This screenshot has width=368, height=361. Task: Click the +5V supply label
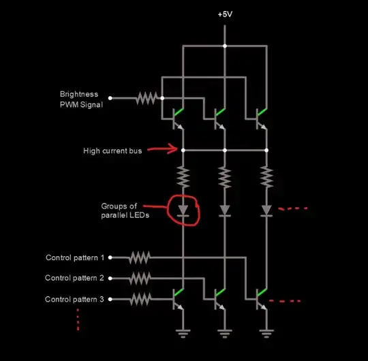tap(225, 14)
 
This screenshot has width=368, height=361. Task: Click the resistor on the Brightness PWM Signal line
tap(146, 98)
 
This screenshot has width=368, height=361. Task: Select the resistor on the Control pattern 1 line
tap(139, 257)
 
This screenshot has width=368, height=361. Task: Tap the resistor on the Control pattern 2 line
tap(139, 278)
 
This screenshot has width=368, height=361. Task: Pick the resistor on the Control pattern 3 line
tap(139, 299)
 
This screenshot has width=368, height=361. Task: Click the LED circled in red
tap(183, 210)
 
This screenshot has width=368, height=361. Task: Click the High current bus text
tap(112, 151)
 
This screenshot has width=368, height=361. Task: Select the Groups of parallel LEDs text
tap(124, 210)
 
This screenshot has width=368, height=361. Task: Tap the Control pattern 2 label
tap(74, 278)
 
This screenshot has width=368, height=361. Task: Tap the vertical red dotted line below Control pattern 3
tap(78, 319)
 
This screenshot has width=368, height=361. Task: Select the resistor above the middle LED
tap(224, 178)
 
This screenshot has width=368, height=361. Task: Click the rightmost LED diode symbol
tap(266, 210)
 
